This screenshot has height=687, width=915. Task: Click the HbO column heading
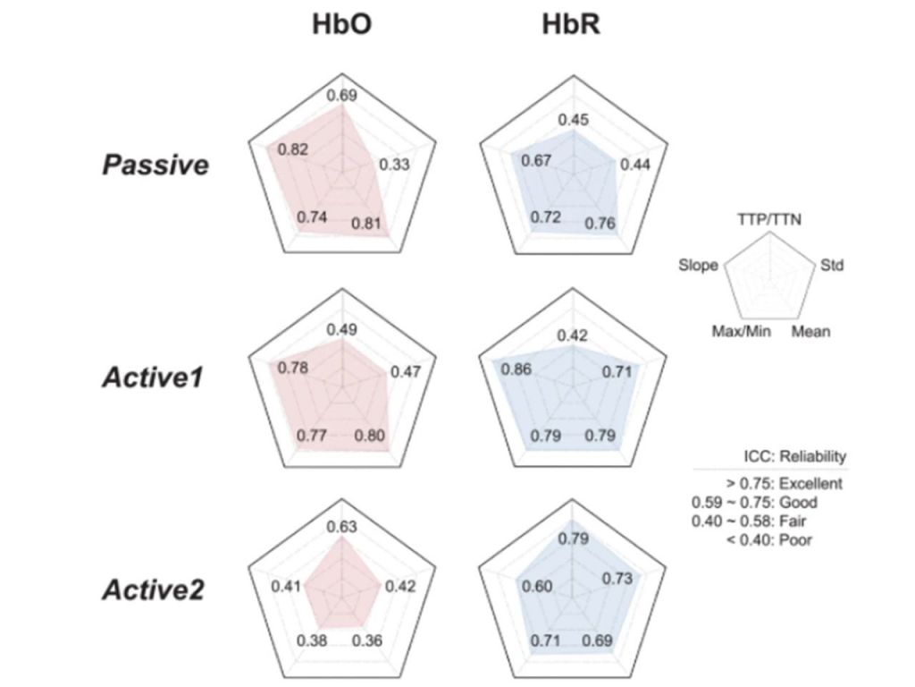(x=341, y=26)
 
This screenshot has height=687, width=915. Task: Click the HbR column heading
(x=571, y=26)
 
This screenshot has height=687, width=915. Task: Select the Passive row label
(x=155, y=165)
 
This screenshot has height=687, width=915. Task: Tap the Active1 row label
(x=155, y=377)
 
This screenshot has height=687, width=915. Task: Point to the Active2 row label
(x=153, y=589)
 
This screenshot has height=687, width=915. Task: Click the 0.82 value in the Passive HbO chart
(x=292, y=149)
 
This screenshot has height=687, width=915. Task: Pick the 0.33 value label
(x=394, y=165)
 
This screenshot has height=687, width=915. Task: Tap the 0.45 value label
(x=573, y=120)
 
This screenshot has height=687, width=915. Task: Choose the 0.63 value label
(x=341, y=527)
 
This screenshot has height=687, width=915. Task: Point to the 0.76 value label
(x=600, y=224)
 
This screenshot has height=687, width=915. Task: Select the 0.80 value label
(x=368, y=437)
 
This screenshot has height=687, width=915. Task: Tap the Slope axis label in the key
(x=698, y=266)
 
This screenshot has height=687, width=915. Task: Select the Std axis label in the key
(x=832, y=266)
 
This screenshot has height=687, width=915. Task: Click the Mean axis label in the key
(x=810, y=332)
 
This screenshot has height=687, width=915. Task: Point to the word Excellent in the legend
(x=810, y=484)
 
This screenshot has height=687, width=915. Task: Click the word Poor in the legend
(x=796, y=539)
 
